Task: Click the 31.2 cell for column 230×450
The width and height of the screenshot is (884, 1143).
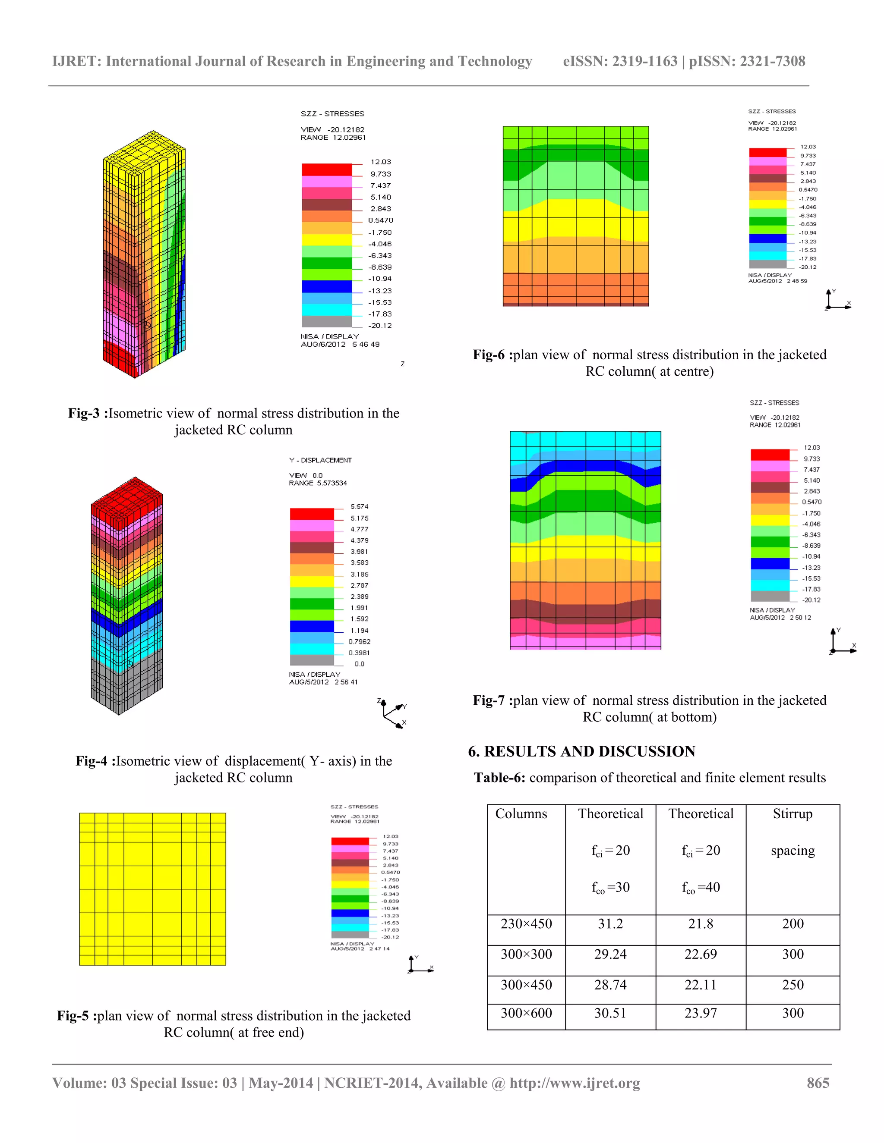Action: (610, 924)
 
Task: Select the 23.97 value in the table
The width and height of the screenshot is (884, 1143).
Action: (700, 1013)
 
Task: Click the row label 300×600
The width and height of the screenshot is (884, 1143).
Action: (526, 1013)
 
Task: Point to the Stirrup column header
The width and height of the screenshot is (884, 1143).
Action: (792, 814)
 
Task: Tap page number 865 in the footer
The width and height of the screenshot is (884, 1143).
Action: (818, 1083)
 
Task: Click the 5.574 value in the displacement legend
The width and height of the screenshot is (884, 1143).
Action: (359, 507)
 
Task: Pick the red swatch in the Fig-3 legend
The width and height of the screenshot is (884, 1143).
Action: (326, 170)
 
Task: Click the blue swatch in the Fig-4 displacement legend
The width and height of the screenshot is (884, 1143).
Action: (312, 626)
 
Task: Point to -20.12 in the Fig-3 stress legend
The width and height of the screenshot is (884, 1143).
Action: (380, 326)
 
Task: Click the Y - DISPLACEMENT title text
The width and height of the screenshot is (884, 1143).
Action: (320, 460)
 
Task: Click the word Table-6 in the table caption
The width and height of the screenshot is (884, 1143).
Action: (499, 778)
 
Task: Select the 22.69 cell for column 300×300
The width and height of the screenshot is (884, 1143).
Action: (700, 954)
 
